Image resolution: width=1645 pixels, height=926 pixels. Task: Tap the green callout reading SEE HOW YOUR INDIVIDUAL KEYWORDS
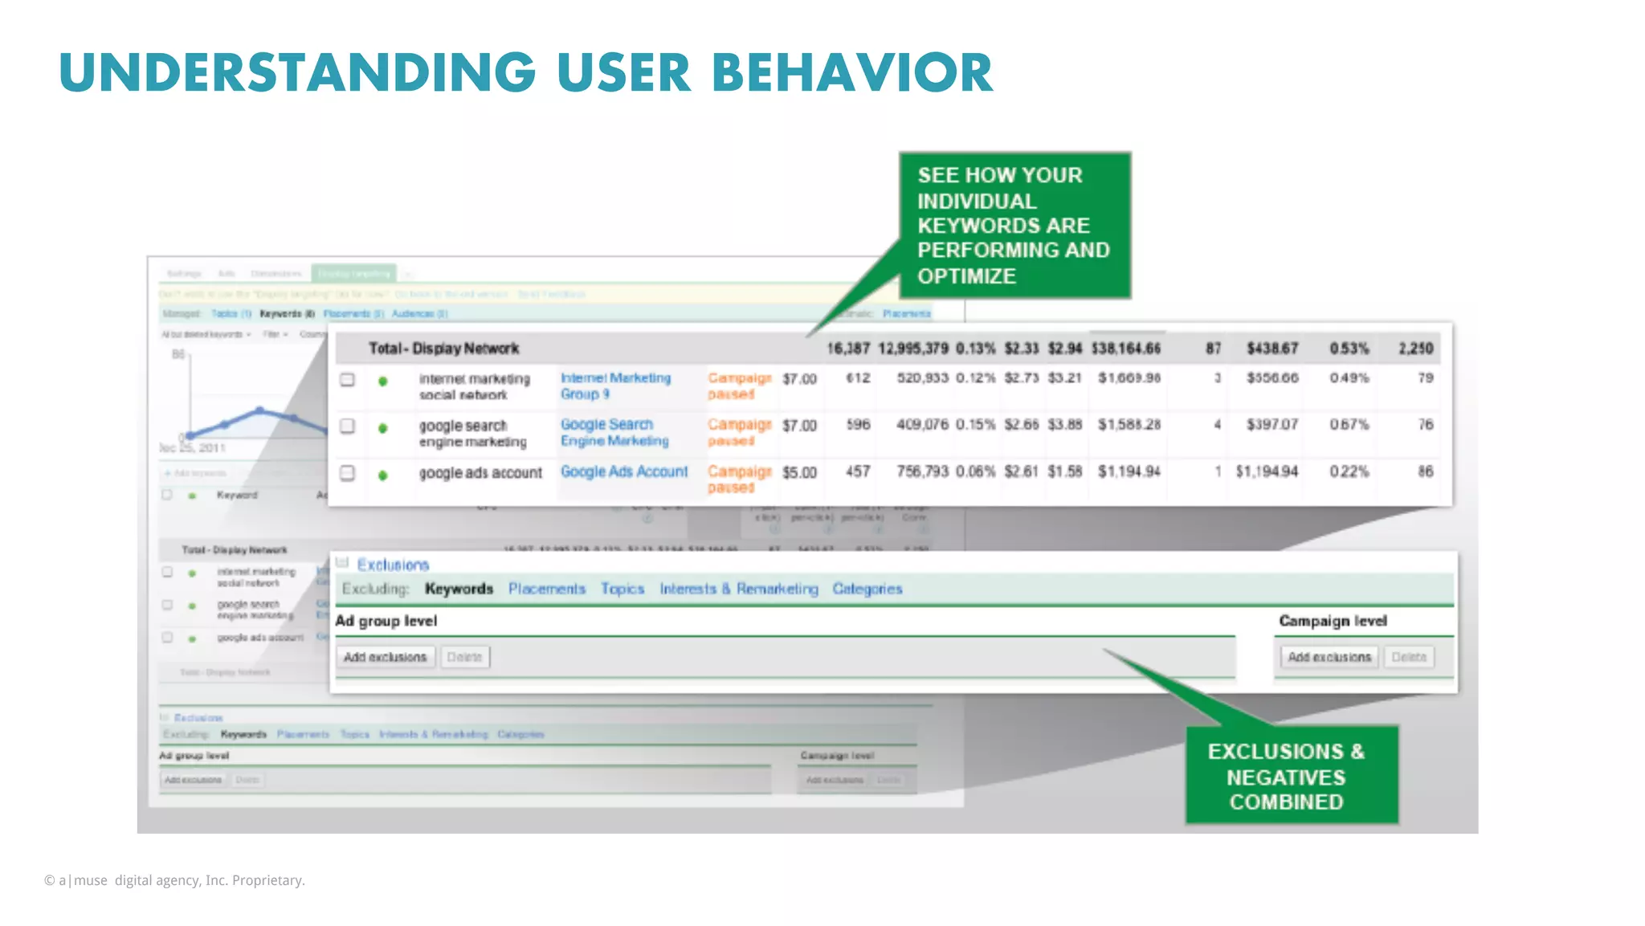click(x=1014, y=226)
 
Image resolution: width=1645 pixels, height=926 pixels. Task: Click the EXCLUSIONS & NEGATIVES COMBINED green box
click(x=1291, y=776)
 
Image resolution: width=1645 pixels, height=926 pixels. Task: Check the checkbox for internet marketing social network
click(x=347, y=380)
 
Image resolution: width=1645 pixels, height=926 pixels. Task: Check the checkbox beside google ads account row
click(x=347, y=473)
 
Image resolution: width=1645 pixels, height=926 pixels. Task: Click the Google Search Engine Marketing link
click(x=614, y=432)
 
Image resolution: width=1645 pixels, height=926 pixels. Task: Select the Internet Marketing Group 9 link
click(x=614, y=385)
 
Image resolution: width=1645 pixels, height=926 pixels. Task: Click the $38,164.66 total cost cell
click(x=1125, y=349)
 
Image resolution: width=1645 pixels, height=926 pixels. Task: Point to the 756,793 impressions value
click(x=922, y=471)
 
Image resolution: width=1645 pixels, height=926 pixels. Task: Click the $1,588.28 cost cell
click(x=1129, y=424)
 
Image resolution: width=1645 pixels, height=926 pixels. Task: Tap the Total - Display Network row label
click(x=443, y=349)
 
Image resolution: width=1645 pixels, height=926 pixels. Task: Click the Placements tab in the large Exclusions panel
click(x=546, y=589)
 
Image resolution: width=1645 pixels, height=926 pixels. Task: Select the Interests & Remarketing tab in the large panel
click(x=738, y=589)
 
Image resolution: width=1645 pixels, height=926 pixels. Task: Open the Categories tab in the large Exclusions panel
click(x=867, y=589)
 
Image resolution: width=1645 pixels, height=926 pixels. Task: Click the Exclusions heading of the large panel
click(x=393, y=565)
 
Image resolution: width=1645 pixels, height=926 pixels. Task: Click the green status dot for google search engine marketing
click(x=383, y=428)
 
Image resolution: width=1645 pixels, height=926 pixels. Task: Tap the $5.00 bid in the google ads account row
click(x=799, y=472)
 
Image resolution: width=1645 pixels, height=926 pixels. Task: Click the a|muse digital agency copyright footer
click(x=174, y=880)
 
